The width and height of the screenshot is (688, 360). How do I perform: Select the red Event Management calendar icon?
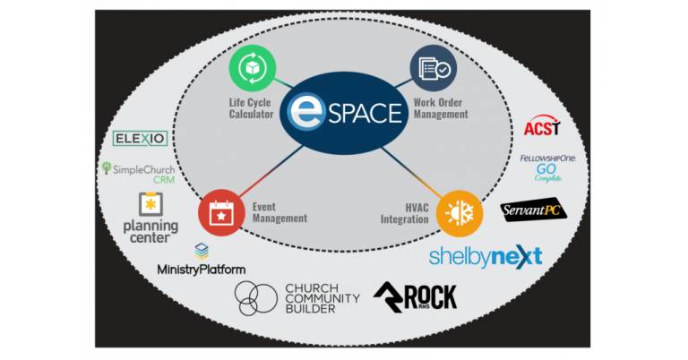(x=219, y=211)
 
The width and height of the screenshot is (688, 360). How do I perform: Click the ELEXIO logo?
(x=138, y=139)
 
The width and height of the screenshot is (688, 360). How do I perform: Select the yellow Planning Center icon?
(x=150, y=203)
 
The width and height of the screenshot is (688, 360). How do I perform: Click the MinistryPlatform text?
(x=201, y=269)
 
